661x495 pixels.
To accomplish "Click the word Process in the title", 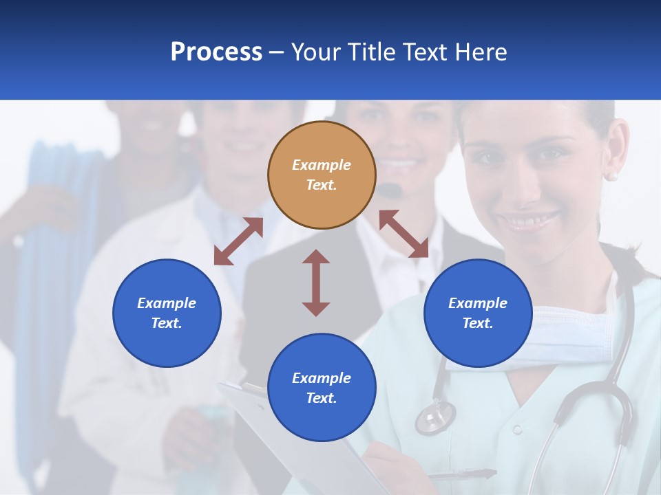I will click(x=216, y=52).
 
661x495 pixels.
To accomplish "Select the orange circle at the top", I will click(x=322, y=175).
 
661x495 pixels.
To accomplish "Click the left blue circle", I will click(x=167, y=313).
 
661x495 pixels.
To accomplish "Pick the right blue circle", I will click(x=478, y=313).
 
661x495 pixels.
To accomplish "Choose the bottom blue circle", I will click(x=322, y=388).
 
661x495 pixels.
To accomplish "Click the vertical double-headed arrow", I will click(x=316, y=283).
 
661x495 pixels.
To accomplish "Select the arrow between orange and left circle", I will click(x=238, y=241).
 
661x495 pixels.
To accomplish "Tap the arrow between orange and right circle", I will click(x=403, y=234).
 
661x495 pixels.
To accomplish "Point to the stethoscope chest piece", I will click(x=435, y=417).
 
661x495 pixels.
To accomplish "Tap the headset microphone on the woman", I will click(x=392, y=189).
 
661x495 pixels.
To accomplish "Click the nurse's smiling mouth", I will click(x=531, y=221).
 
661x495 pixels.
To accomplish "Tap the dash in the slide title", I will click(x=276, y=53).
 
